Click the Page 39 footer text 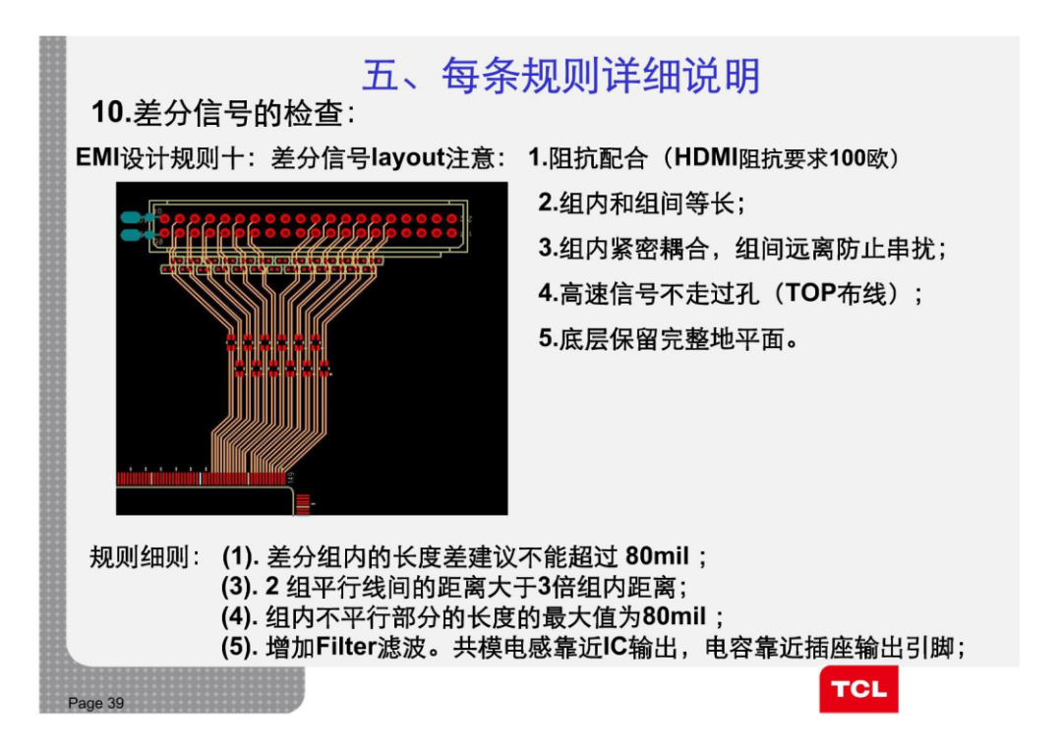[96, 703]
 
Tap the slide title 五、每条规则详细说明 [560, 76]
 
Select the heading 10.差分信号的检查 [222, 114]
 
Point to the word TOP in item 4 [805, 293]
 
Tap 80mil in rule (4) [674, 617]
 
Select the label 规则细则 [144, 557]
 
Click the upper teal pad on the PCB [129, 217]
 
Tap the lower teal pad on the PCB [129, 235]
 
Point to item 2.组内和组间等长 [641, 203]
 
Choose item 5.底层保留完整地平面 [666, 339]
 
